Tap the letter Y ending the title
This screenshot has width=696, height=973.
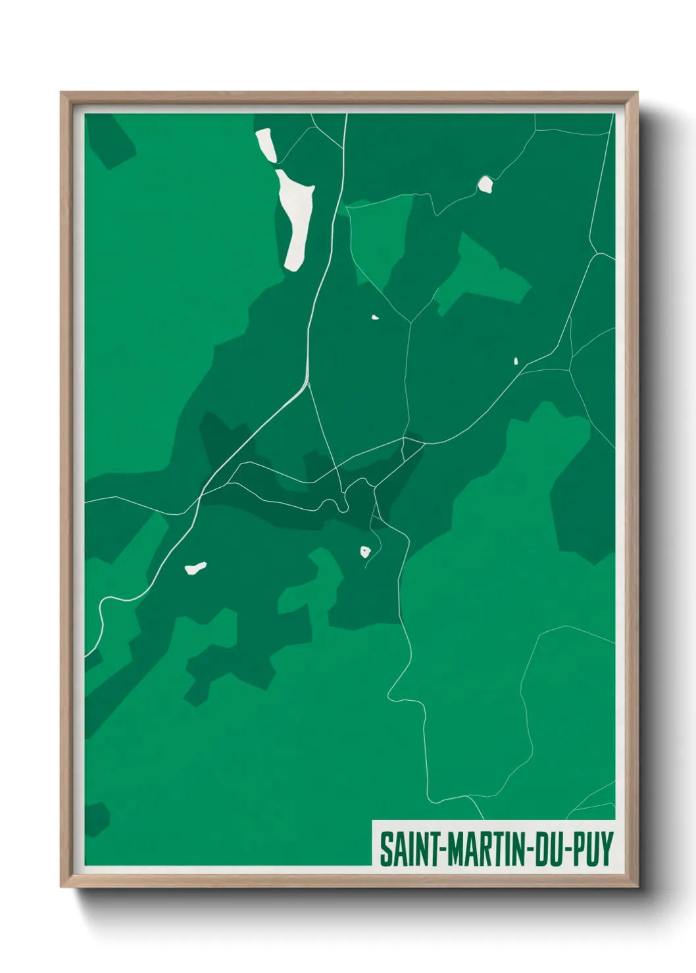click(607, 849)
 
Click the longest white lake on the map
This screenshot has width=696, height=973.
click(296, 220)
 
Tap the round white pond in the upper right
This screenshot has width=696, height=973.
click(485, 185)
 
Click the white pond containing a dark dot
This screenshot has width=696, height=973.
click(365, 552)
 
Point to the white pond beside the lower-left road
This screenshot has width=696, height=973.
click(195, 567)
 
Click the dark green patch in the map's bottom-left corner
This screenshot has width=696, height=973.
click(95, 819)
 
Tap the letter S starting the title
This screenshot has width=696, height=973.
click(385, 849)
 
